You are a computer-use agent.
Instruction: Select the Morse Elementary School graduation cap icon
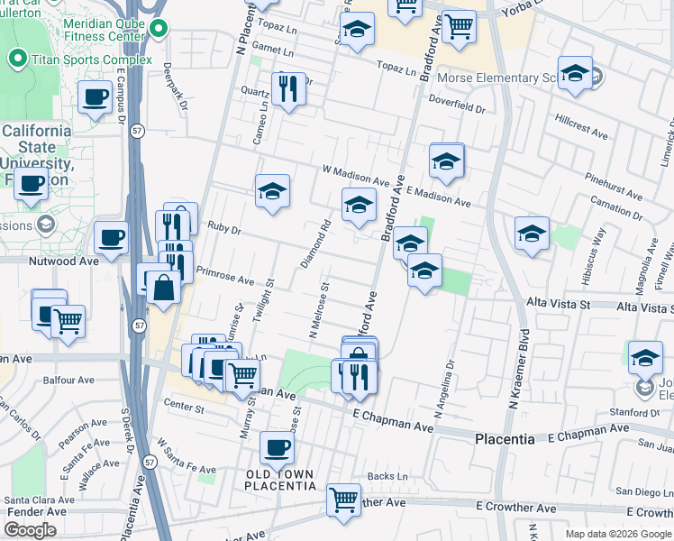click(x=574, y=74)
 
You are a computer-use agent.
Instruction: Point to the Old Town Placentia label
click(x=280, y=480)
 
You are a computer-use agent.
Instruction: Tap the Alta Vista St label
click(x=558, y=305)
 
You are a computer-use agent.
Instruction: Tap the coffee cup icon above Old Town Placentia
click(x=277, y=446)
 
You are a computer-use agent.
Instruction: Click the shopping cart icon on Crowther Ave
click(x=343, y=499)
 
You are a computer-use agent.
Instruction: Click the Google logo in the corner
click(x=31, y=530)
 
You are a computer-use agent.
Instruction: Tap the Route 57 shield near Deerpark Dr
click(x=136, y=130)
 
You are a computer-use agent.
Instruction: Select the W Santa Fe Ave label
click(x=187, y=457)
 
